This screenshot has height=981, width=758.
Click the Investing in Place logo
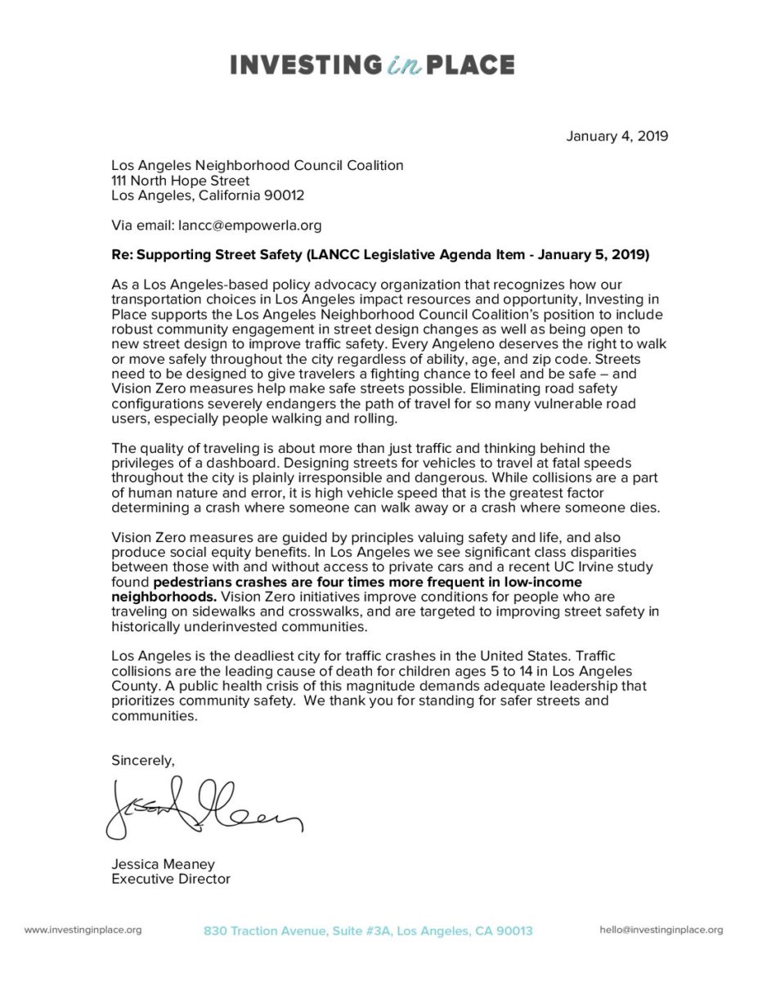click(372, 65)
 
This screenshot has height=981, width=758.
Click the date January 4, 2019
click(617, 137)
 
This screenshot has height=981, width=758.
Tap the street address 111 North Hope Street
click(181, 180)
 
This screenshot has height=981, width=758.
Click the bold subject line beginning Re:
click(380, 255)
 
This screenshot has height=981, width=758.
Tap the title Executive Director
click(171, 880)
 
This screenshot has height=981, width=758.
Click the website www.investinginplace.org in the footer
click(83, 929)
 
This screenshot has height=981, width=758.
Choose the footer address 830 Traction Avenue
click(368, 930)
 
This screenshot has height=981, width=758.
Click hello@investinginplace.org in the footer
click(661, 929)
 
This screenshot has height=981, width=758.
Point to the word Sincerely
click(143, 760)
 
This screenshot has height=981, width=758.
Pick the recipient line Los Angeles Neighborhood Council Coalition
click(258, 165)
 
